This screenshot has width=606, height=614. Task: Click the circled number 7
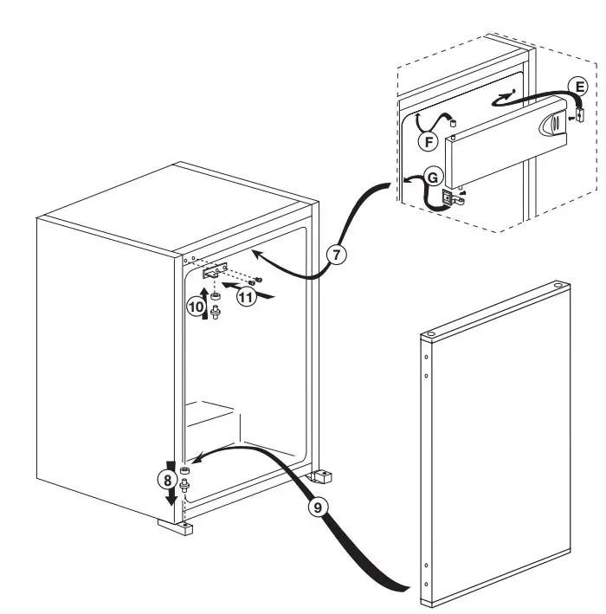tap(336, 255)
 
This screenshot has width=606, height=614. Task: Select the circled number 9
tap(318, 507)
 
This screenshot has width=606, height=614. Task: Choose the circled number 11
tap(248, 297)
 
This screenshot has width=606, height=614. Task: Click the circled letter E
tap(579, 85)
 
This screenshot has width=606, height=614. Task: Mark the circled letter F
tap(427, 141)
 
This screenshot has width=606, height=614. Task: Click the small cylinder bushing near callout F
tap(454, 124)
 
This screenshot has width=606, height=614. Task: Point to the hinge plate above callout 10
tap(214, 272)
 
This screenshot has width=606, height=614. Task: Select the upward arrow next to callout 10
tap(206, 306)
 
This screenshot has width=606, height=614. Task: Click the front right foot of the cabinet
tap(322, 474)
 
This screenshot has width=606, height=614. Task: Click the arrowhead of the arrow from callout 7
tap(255, 252)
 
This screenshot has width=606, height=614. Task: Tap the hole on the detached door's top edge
tap(554, 282)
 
